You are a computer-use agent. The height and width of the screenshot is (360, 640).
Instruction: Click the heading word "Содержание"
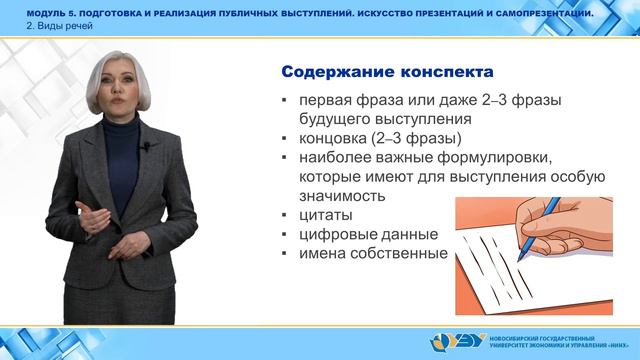click(334, 74)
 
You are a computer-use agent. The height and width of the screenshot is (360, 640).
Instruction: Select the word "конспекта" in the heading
click(440, 74)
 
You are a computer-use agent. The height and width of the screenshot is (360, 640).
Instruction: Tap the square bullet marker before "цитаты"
click(285, 216)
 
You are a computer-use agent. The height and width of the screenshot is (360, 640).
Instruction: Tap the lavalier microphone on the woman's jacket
click(146, 147)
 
